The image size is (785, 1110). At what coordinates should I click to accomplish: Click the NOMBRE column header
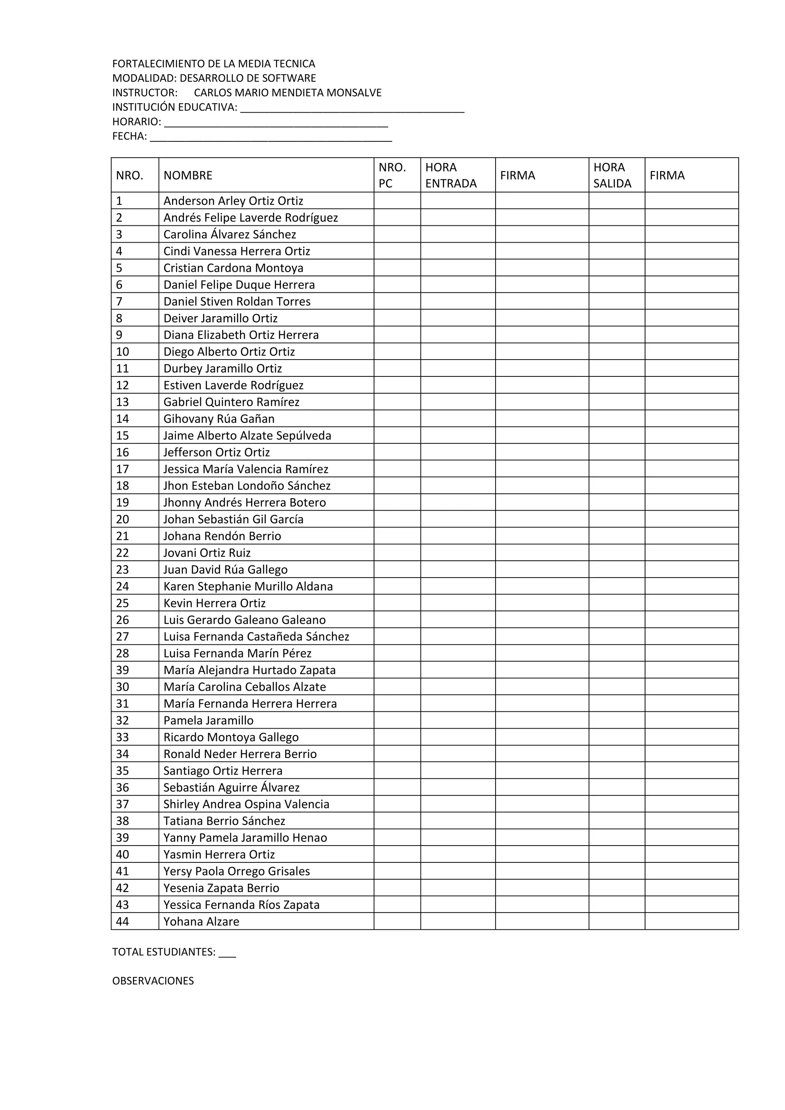pos(188,176)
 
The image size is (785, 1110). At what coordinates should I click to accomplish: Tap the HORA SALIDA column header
pos(612,176)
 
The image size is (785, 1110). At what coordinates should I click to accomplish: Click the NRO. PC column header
pos(392,176)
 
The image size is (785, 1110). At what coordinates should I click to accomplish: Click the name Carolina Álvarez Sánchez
pos(230,235)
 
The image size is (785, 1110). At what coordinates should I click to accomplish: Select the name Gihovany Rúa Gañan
pos(219,419)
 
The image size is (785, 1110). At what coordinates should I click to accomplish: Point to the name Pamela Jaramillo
pos(209,720)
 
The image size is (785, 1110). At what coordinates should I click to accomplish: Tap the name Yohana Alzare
pos(201,921)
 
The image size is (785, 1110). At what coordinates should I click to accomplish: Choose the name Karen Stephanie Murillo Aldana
pos(248,586)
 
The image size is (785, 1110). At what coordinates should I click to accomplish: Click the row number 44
pos(122,921)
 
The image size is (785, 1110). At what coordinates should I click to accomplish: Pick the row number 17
pos(122,469)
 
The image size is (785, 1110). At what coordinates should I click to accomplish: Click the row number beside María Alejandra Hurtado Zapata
pos(122,670)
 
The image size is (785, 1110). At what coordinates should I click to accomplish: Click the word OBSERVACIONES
pos(153,981)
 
